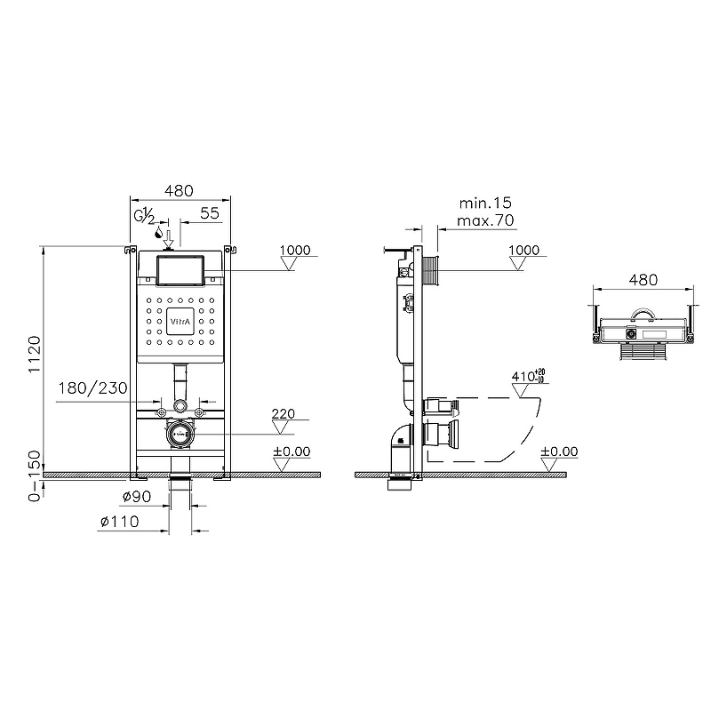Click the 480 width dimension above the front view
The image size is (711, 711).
(x=180, y=190)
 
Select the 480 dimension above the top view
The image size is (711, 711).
(x=643, y=279)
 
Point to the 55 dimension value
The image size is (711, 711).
(x=209, y=212)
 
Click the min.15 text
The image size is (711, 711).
(x=483, y=204)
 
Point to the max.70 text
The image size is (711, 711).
(x=483, y=220)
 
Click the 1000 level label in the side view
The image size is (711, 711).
(x=524, y=251)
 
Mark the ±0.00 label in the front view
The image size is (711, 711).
(x=292, y=451)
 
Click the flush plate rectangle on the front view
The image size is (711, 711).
(x=180, y=269)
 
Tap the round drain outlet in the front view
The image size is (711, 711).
(x=180, y=433)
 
